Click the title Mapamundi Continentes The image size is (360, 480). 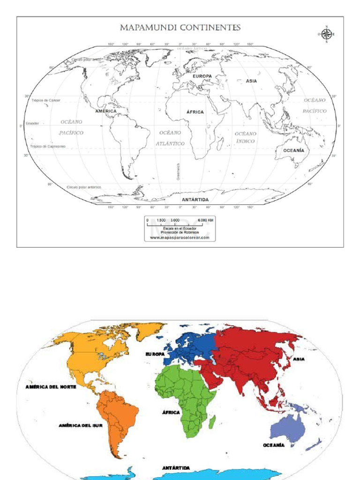180,28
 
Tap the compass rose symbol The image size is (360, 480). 327,34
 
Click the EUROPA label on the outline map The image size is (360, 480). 202,76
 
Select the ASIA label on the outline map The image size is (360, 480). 251,81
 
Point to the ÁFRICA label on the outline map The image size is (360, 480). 195,112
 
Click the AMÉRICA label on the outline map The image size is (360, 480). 105,111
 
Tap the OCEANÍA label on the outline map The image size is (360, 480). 293,150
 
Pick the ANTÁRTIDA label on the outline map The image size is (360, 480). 195,200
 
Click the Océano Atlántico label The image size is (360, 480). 170,138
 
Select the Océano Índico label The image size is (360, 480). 246,137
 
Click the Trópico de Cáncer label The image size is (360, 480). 46,100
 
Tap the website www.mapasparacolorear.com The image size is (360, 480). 180,238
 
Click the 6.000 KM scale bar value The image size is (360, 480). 206,220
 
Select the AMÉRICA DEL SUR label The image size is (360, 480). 80,426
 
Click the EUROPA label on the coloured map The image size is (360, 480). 155,354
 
